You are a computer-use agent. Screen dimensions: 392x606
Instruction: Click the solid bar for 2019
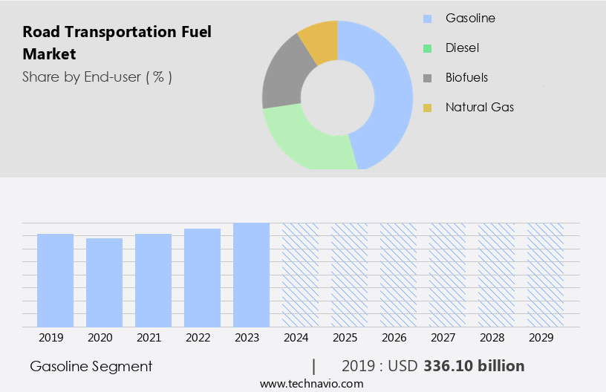[55, 280]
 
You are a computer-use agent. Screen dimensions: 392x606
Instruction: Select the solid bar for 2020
[104, 282]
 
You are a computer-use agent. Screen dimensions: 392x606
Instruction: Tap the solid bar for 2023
[251, 275]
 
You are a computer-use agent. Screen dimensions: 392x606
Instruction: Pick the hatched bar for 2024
[300, 275]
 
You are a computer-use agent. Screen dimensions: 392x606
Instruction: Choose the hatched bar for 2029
[545, 275]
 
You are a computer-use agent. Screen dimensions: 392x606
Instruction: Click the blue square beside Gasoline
[427, 19]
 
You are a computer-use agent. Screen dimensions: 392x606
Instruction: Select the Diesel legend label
[462, 48]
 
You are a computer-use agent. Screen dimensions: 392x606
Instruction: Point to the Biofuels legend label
[466, 77]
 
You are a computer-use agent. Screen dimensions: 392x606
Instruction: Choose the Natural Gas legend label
[479, 107]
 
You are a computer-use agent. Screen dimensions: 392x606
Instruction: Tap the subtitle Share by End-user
[97, 76]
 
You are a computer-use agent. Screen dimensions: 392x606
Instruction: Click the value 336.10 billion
[474, 366]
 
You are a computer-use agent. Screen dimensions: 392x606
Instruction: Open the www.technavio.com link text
[311, 383]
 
